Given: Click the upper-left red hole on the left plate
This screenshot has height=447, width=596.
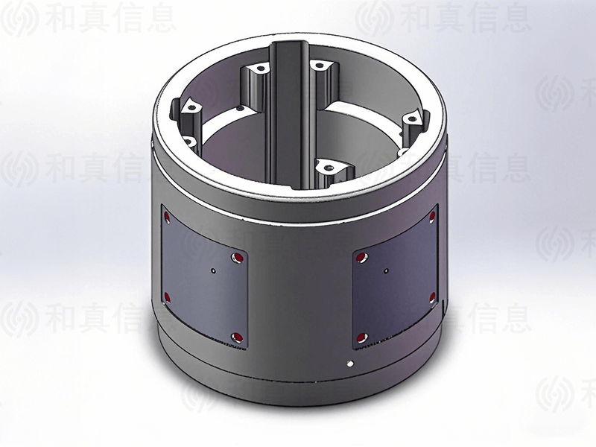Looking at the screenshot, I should click(x=167, y=218).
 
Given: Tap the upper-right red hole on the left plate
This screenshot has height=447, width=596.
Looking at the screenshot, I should click(x=237, y=258).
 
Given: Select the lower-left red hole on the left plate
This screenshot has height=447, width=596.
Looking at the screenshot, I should click(x=167, y=298).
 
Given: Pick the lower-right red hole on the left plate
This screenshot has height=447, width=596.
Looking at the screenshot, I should click(x=236, y=336).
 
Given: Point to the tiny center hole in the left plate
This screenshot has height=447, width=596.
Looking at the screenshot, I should click(x=213, y=271).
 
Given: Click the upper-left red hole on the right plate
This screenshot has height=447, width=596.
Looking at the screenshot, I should click(x=363, y=257).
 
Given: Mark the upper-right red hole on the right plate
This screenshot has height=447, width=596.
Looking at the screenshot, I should click(x=432, y=218).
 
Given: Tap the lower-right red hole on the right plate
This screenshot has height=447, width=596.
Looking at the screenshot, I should click(x=432, y=297).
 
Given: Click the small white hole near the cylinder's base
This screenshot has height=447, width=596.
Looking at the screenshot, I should click(x=351, y=364).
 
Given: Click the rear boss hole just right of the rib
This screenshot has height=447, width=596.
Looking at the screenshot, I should click(x=320, y=67).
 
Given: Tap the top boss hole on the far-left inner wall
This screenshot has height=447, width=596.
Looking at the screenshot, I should click(x=189, y=109).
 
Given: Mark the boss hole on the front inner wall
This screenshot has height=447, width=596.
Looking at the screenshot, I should click(x=328, y=167).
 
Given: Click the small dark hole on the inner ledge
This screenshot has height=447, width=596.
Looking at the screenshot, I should click(x=238, y=112).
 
